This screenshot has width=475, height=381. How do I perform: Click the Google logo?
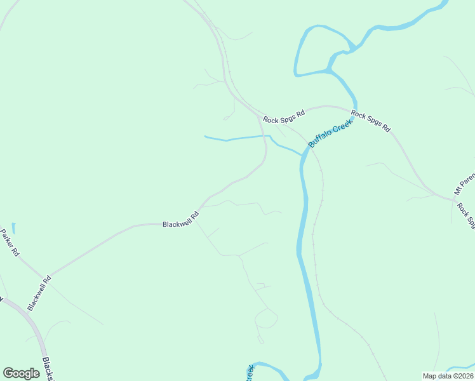tap(22, 373)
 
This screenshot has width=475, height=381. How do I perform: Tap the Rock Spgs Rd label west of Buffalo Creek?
tap(284, 116)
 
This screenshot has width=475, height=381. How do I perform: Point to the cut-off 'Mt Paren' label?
tap(464, 182)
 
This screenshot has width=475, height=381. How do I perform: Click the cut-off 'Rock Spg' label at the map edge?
tap(466, 216)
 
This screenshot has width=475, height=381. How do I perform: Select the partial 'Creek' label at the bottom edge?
tap(250, 373)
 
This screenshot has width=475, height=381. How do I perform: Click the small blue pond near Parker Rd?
tap(14, 227)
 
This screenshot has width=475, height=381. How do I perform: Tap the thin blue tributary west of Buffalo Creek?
tap(235, 138)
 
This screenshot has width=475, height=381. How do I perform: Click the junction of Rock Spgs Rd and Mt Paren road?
tap(454, 200)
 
